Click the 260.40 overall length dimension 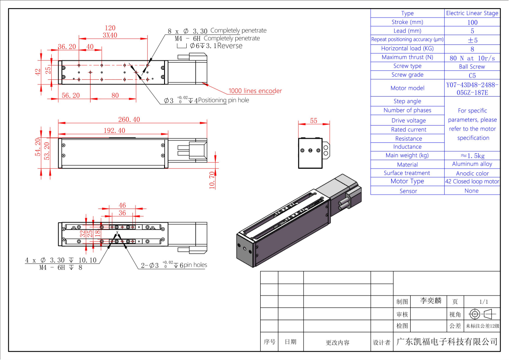click(x=129, y=119)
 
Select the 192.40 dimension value click(x=114, y=131)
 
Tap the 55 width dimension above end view click(x=314, y=121)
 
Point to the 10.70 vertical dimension click(x=212, y=180)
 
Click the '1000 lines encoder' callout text click(x=255, y=91)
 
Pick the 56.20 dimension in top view click(x=71, y=95)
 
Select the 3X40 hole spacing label click(x=110, y=35)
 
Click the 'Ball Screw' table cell click(x=472, y=67)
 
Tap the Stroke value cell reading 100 click(x=472, y=22)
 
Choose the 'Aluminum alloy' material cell click(x=472, y=164)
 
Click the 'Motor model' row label click(x=407, y=88)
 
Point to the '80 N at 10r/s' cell click(x=472, y=58)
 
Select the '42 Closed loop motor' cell click(x=472, y=181)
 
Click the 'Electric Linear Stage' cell click(x=472, y=13)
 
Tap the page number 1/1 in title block click(x=484, y=302)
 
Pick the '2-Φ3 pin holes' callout click(x=174, y=265)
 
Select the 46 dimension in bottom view click(x=122, y=205)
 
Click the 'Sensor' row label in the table click(x=408, y=191)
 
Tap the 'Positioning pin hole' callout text click(x=223, y=100)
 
